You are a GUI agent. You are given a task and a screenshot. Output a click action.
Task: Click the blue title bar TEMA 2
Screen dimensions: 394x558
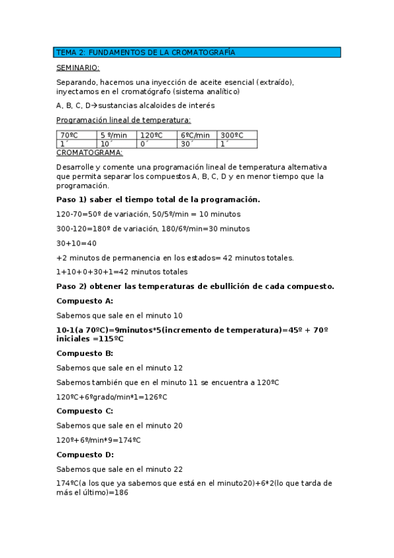point(197,52)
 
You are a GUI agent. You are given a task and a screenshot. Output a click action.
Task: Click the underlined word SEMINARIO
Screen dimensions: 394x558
point(78,67)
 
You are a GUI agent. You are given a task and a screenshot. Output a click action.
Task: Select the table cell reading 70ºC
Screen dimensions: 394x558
point(77,135)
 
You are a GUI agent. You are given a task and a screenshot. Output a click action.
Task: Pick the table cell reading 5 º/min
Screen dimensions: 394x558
point(117,135)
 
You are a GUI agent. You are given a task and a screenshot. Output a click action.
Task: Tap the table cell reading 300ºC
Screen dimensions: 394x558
point(237,135)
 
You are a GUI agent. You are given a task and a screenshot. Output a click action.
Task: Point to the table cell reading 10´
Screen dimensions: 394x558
point(117,143)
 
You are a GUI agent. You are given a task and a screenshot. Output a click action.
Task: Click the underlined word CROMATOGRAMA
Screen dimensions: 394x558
point(89,152)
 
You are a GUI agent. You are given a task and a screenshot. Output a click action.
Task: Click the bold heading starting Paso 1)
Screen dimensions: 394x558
point(158,199)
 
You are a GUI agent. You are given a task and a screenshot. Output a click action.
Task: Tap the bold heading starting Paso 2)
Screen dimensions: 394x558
point(195,286)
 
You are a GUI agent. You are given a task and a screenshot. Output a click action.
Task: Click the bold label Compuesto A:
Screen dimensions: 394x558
point(85,300)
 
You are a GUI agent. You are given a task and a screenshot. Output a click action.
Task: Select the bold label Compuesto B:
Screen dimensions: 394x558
point(85,353)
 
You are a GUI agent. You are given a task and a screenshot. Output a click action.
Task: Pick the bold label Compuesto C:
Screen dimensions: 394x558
point(85,411)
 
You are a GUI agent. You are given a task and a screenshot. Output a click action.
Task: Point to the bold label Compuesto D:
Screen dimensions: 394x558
point(86,454)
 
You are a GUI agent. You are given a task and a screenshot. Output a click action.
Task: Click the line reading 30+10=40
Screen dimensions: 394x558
point(76,243)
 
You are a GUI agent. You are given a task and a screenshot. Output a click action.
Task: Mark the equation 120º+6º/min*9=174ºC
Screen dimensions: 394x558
point(99,440)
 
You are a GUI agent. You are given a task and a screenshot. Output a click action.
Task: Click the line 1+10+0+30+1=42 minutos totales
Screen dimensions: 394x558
point(122,271)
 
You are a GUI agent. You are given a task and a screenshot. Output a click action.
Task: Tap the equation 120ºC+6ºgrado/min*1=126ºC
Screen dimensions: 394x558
point(112,396)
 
